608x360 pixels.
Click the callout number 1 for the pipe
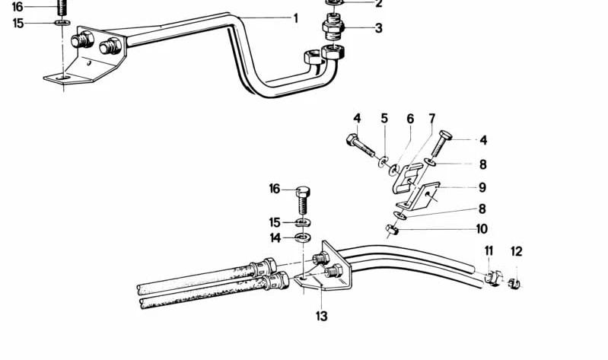(295, 18)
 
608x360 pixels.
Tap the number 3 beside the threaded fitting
(378, 28)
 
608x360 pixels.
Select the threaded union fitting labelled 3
(333, 27)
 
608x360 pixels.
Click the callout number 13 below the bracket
(321, 316)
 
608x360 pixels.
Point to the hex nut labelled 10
(392, 231)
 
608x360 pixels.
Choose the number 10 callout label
(481, 229)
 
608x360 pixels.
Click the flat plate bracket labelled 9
(419, 196)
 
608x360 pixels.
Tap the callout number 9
(482, 187)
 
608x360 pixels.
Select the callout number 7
(432, 118)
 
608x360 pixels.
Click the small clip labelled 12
(514, 284)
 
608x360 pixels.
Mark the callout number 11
(489, 251)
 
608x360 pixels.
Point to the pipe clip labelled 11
(492, 278)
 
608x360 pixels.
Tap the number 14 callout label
(275, 237)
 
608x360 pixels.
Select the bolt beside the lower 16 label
(303, 200)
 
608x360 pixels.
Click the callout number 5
(384, 118)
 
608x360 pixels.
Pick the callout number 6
(410, 119)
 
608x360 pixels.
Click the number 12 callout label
(517, 251)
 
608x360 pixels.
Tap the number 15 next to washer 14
(275, 222)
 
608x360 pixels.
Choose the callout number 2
(379, 5)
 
